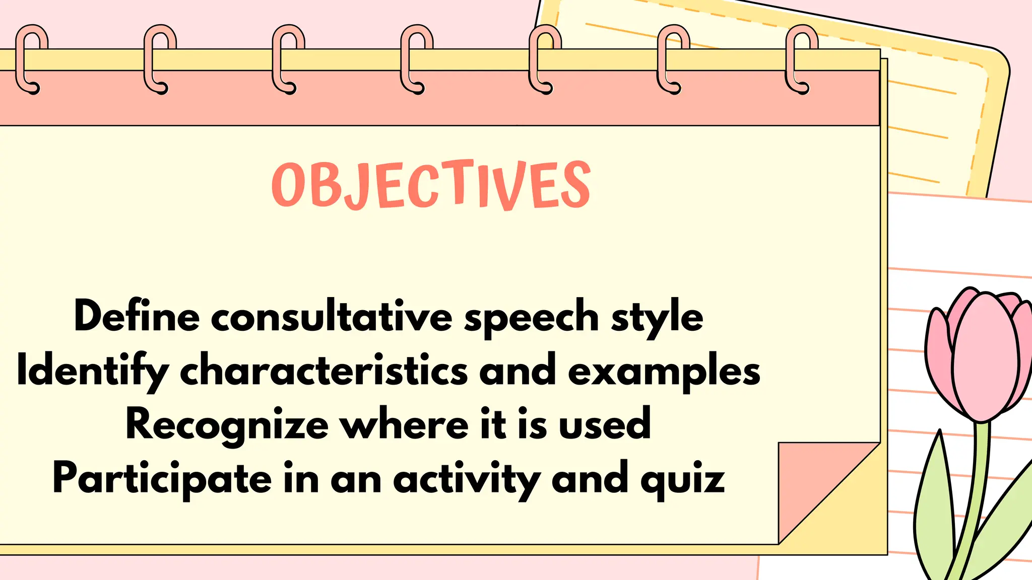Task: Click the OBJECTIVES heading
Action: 431,185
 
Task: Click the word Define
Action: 137,316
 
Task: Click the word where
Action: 405,424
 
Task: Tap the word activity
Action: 467,479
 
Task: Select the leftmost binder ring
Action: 31,59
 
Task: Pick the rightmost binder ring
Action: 801,59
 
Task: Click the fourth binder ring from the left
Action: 416,59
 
